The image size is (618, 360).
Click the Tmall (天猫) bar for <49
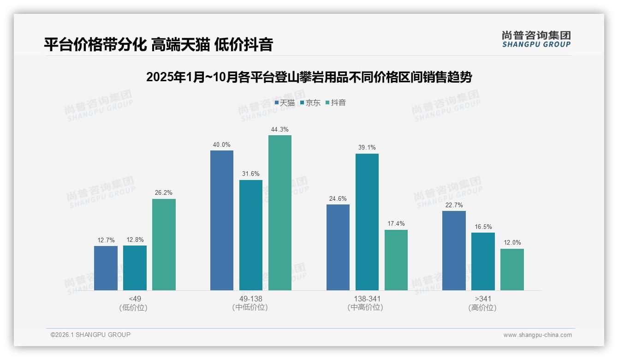click(106, 268)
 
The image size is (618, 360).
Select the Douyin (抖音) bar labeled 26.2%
click(164, 245)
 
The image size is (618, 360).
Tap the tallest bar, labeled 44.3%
click(280, 213)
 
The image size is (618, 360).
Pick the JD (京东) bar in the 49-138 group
click(251, 235)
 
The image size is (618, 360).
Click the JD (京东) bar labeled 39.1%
click(367, 222)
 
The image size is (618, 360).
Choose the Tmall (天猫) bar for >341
click(454, 251)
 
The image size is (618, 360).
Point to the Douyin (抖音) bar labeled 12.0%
click(512, 270)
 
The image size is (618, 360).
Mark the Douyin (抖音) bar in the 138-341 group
click(396, 260)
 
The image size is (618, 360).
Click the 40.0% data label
click(221, 145)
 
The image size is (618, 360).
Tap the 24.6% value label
click(338, 199)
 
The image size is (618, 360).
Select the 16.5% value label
click(483, 227)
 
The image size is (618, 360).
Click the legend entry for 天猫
click(285, 103)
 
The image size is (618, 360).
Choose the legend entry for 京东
click(310, 103)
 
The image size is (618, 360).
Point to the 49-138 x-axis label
click(250, 299)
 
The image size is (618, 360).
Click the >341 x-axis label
click(482, 299)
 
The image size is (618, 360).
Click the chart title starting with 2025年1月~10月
click(309, 77)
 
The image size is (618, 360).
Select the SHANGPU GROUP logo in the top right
click(536, 39)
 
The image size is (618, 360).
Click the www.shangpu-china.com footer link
click(537, 335)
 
